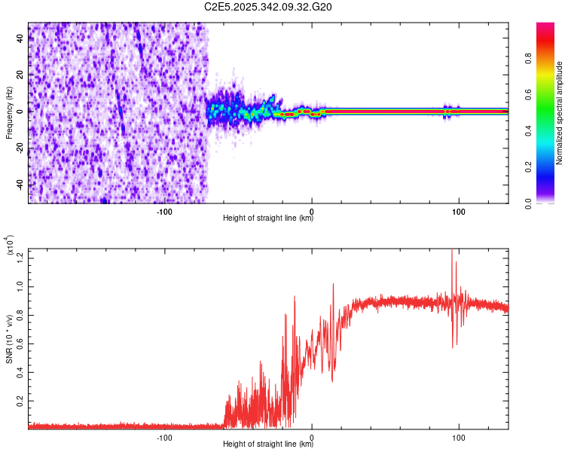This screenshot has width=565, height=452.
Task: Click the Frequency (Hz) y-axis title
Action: (x=9, y=113)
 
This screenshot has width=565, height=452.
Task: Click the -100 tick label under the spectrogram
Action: (x=164, y=212)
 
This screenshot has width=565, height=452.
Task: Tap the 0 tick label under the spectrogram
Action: (x=312, y=212)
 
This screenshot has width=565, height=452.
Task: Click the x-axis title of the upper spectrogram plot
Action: (x=268, y=220)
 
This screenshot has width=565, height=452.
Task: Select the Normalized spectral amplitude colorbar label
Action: (x=560, y=113)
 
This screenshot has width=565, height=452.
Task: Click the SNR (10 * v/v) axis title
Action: (x=9, y=339)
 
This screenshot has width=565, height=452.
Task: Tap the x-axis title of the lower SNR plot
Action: (x=268, y=444)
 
